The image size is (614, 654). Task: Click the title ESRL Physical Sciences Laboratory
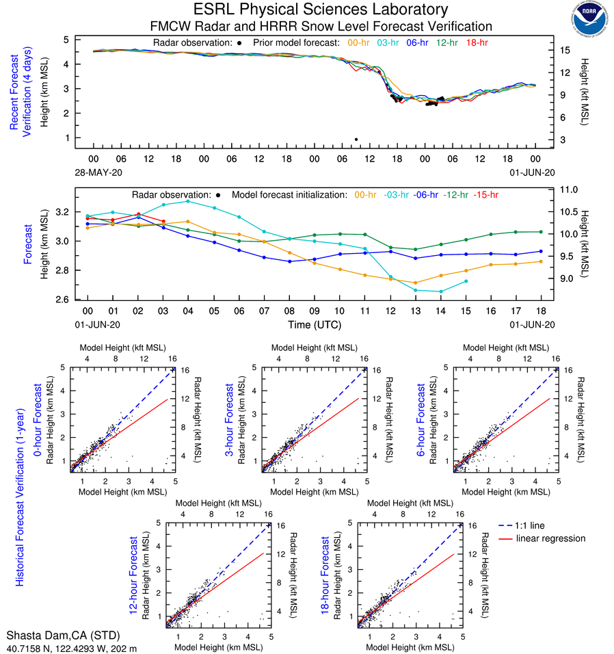321,10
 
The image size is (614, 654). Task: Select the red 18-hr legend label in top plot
476,42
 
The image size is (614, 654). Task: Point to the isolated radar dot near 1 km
356,140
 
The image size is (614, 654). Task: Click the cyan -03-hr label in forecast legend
400,195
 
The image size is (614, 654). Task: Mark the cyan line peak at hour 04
188,201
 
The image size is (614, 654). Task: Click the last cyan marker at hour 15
466,281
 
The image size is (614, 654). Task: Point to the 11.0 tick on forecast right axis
569,189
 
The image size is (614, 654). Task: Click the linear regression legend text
550,538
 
